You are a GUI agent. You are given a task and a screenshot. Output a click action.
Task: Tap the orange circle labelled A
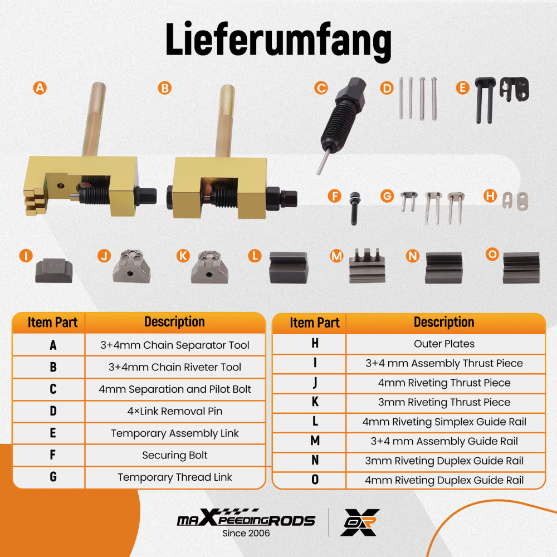click(39, 87)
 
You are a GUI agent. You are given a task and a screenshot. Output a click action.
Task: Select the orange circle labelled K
click(183, 256)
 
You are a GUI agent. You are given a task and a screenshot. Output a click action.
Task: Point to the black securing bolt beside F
click(354, 208)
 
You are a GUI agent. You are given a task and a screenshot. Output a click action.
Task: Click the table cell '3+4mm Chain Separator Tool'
click(175, 345)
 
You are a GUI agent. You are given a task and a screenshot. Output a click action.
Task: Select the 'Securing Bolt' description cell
click(175, 455)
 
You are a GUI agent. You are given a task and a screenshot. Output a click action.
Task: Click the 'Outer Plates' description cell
click(444, 344)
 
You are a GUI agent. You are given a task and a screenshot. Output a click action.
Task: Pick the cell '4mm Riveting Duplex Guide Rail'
click(444, 480)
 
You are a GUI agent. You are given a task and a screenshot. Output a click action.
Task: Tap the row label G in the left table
click(53, 477)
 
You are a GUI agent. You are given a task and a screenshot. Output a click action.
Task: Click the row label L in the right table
click(315, 422)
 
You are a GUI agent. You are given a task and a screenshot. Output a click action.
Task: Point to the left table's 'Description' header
click(175, 322)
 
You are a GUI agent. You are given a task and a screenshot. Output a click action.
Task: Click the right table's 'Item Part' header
click(315, 323)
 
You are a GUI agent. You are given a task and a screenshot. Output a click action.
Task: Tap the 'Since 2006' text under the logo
click(246, 533)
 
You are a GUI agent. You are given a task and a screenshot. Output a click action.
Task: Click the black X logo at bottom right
click(360, 522)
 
